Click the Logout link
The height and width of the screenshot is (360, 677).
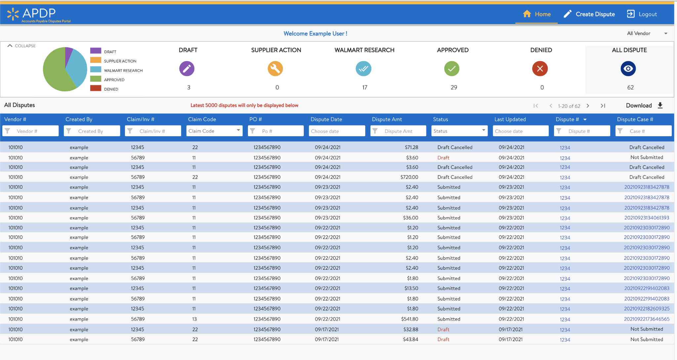tap(642, 14)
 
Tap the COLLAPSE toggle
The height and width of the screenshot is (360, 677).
tap(21, 46)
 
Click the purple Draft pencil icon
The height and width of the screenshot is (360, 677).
tap(187, 68)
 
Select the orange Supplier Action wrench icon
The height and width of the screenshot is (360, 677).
tap(275, 68)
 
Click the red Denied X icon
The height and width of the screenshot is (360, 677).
tap(540, 68)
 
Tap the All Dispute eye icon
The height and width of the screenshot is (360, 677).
tap(628, 68)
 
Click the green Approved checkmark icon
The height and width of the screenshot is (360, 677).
tap(452, 68)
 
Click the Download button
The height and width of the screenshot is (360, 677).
tap(644, 105)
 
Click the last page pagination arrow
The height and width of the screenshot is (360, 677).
tap(603, 106)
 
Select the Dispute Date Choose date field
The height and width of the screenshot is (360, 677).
tap(337, 131)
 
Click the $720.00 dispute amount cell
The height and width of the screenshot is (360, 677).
tap(409, 177)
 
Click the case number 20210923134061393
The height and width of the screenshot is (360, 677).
tap(646, 218)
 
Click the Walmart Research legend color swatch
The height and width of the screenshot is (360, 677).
tap(96, 69)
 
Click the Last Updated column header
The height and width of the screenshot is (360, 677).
tap(510, 119)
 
